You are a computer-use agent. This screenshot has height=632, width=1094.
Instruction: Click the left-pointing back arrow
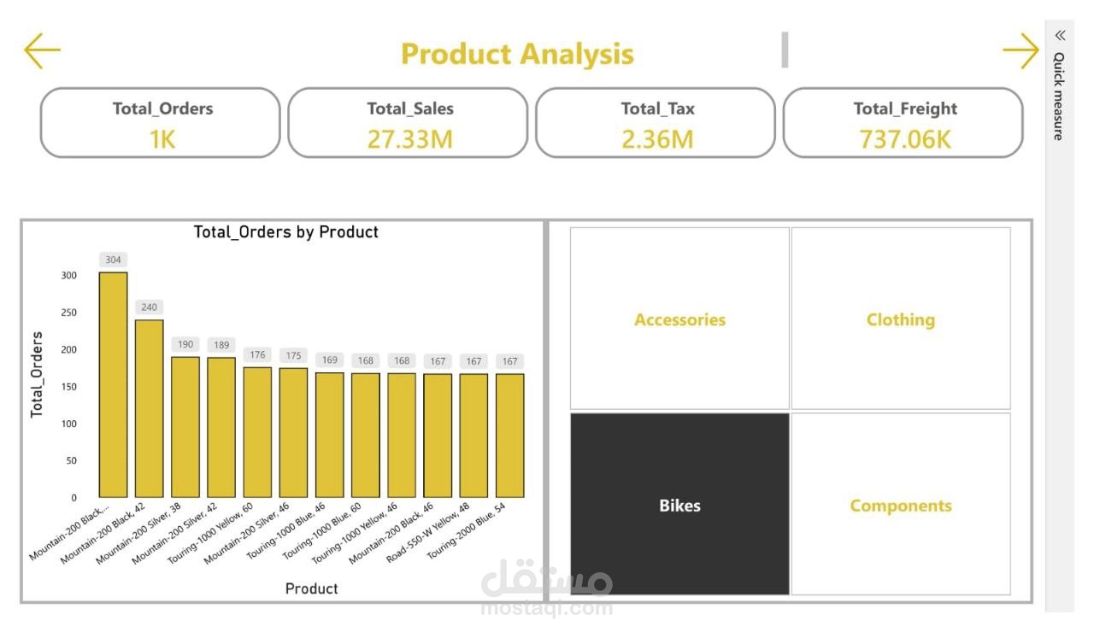42,51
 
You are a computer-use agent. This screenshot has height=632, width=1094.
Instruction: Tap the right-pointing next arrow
1020,51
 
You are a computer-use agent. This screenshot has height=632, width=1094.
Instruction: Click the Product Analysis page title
517,54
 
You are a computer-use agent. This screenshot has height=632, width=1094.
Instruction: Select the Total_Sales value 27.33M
409,138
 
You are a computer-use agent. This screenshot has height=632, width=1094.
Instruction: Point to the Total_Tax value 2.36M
657,138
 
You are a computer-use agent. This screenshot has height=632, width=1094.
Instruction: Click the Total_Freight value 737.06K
905,138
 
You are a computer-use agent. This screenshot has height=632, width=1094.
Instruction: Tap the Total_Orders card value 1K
162,138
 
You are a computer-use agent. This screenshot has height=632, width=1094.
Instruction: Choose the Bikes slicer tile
679,505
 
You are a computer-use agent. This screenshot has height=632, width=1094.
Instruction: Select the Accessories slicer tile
679,319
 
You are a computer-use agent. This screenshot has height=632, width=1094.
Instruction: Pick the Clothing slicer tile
900,319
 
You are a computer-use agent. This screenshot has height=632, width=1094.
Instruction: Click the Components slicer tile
900,505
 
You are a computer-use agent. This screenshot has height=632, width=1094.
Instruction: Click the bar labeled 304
113,384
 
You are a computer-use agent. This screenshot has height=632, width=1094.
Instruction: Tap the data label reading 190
185,344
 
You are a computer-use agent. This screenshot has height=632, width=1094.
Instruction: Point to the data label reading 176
256,354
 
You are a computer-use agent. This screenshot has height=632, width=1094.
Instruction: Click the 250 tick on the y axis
68,313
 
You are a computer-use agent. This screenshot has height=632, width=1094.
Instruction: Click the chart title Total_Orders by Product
285,231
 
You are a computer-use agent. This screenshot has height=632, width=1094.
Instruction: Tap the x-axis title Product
311,588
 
